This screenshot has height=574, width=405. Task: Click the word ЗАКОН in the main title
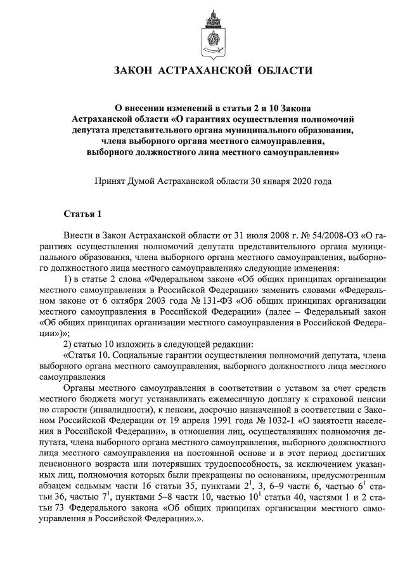[x=134, y=70]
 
